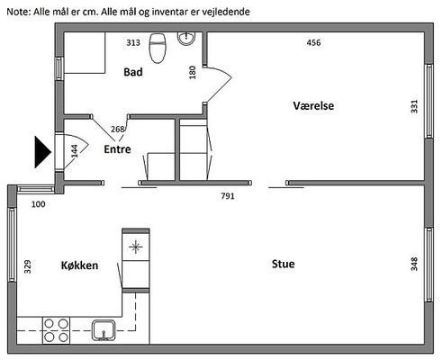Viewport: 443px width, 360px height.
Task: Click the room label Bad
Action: (x=133, y=72)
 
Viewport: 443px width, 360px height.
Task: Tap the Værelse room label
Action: (x=313, y=105)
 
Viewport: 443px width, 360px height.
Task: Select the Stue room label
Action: (x=283, y=264)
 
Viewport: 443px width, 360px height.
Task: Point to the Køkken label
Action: (x=79, y=265)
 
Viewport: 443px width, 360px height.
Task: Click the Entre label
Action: (x=117, y=149)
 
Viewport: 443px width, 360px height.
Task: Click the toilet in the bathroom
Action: (x=158, y=48)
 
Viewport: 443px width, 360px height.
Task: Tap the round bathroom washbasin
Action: (x=186, y=39)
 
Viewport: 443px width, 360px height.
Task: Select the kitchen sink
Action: (x=104, y=330)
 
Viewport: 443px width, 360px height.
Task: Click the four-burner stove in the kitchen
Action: (x=56, y=330)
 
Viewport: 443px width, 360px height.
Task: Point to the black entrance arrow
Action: (x=43, y=152)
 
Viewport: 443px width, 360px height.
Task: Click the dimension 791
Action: (x=228, y=196)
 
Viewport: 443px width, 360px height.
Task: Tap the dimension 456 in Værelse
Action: (x=313, y=42)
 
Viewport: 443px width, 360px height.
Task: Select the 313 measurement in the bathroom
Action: (x=133, y=42)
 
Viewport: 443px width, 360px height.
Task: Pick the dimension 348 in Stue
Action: (x=414, y=264)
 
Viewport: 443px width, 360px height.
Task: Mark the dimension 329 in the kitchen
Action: (x=27, y=266)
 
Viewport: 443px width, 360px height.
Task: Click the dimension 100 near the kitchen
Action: (x=39, y=204)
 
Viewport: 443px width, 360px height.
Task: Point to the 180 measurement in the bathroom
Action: (x=193, y=72)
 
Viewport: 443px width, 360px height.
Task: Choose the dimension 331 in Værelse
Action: (x=414, y=106)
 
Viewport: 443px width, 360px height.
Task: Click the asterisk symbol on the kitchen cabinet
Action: (x=136, y=247)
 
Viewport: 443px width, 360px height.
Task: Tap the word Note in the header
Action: (x=18, y=12)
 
